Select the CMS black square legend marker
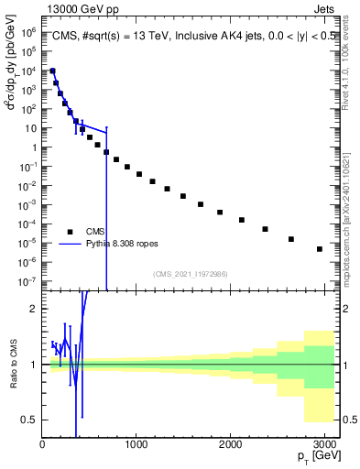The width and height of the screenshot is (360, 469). tap(69, 232)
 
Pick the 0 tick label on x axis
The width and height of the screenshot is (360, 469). tap(42, 443)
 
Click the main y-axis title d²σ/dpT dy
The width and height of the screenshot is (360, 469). tap(12, 87)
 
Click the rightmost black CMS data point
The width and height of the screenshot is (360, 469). tap(319, 248)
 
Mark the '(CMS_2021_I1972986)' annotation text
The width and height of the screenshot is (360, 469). tap(190, 274)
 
